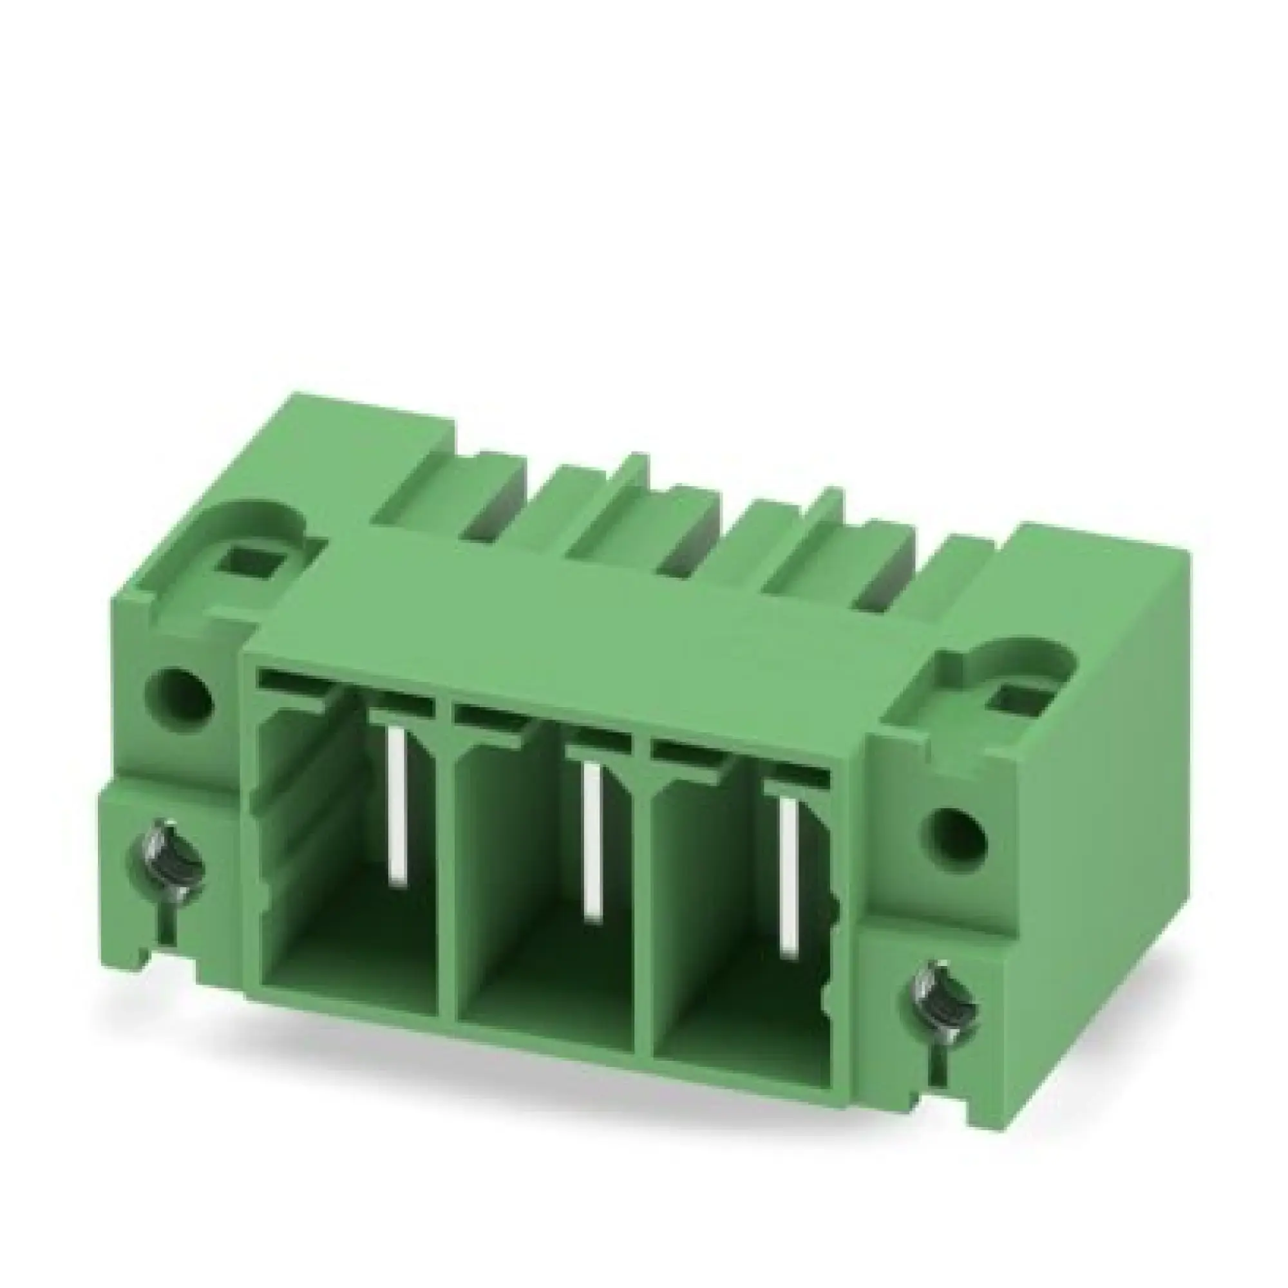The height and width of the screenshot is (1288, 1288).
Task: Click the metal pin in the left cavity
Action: tap(397, 807)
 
